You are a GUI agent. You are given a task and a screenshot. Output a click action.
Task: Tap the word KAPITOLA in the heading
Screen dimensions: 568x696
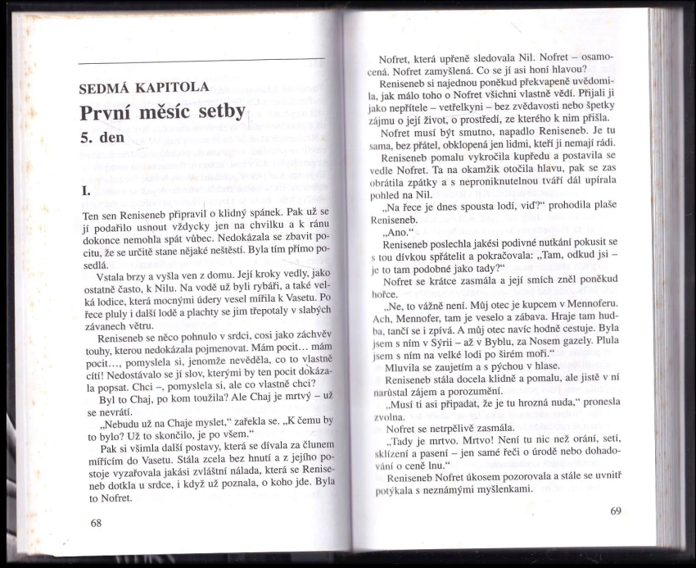click(177, 87)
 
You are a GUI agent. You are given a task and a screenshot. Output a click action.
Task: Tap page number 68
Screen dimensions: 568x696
click(96, 522)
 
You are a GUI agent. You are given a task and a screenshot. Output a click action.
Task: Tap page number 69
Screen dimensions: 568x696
click(616, 511)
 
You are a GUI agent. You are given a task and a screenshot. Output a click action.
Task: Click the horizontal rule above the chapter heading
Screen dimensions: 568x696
click(201, 59)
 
